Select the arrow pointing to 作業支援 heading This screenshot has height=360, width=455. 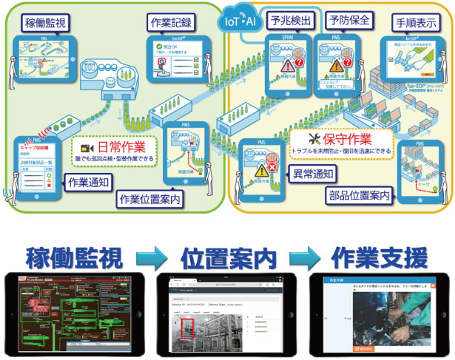tap(306, 260)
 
